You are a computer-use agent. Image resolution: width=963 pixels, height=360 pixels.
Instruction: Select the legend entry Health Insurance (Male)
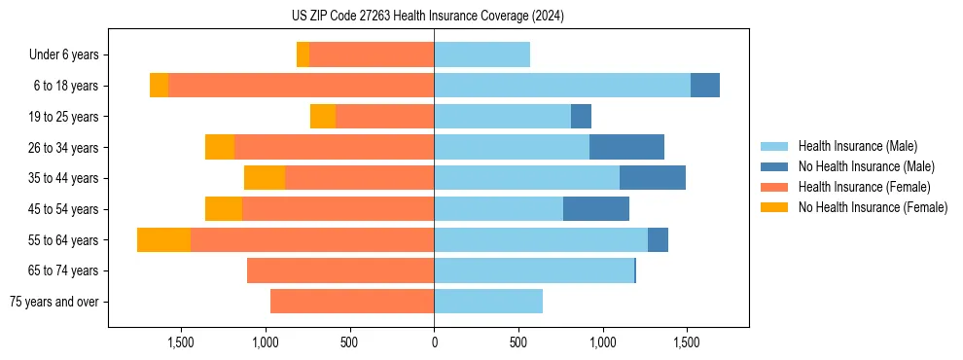857,146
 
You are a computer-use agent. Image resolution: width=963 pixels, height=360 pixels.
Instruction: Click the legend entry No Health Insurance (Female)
873,207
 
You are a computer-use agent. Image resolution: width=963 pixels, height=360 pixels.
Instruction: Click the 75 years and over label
53,302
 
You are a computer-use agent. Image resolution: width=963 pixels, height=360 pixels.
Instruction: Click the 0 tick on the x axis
434,342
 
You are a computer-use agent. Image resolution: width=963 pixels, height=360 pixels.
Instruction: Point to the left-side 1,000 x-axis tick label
266,342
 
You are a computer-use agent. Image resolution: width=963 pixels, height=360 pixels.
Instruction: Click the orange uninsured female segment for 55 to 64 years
163,240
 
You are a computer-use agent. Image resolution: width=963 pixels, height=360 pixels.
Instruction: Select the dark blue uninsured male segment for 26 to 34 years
626,148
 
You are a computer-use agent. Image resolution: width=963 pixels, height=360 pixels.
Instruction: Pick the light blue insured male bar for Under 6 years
481,55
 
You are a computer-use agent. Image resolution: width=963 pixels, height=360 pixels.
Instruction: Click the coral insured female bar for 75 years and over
352,302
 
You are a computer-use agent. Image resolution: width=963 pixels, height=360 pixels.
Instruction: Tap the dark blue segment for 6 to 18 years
705,86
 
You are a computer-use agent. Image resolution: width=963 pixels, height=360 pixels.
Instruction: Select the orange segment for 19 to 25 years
323,117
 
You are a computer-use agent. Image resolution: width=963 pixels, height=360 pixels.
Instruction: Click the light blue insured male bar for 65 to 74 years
534,270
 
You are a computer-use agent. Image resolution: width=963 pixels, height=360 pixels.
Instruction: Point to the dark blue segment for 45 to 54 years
596,209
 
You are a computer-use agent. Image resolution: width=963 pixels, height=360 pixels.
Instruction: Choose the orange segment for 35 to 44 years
265,178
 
